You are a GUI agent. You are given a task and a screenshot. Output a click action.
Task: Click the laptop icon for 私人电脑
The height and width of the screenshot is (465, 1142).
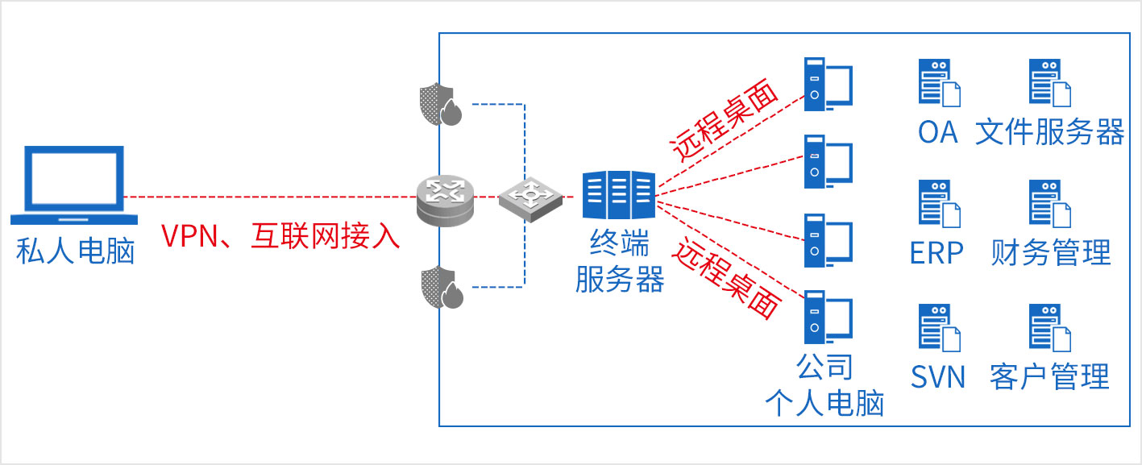(x=74, y=185)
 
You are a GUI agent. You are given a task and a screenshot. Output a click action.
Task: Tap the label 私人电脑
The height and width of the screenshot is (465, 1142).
(x=74, y=251)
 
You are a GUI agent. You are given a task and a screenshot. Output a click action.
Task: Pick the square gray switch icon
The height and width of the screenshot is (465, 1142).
(x=528, y=198)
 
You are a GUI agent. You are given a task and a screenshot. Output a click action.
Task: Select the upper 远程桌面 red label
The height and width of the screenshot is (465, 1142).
(x=725, y=122)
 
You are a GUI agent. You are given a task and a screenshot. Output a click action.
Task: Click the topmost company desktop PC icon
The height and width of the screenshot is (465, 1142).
(x=828, y=83)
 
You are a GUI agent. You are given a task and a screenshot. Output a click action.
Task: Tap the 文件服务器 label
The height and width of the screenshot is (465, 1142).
(x=1049, y=132)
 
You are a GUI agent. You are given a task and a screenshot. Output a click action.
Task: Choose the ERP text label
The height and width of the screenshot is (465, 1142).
(x=936, y=253)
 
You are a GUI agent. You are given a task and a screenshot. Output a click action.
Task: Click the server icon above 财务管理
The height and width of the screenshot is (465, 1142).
(x=1049, y=204)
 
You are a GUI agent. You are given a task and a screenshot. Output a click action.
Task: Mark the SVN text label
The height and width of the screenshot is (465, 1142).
(x=938, y=376)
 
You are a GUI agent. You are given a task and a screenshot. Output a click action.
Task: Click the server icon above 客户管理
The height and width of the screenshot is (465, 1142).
(x=1049, y=327)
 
